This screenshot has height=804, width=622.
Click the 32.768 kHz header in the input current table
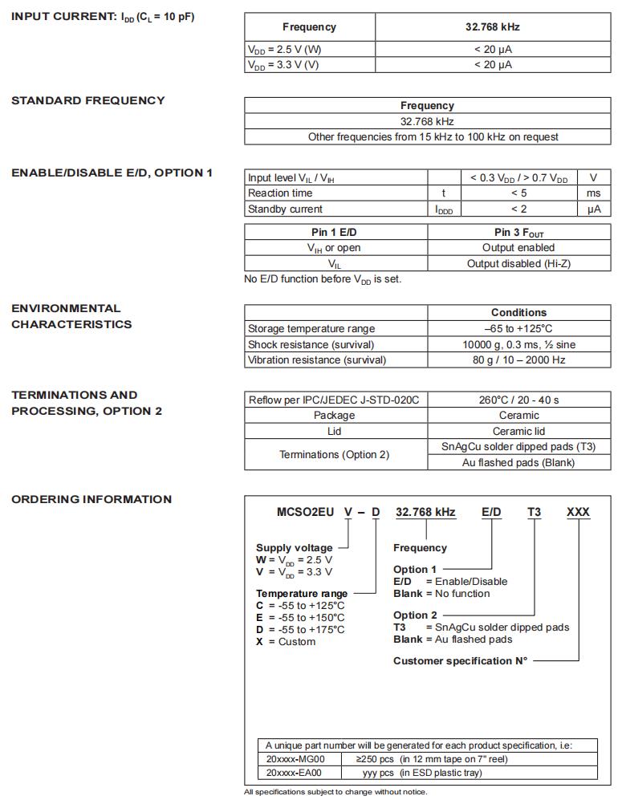(x=493, y=26)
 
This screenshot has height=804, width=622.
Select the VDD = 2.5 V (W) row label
(x=285, y=49)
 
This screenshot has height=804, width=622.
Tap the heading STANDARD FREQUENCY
(x=88, y=100)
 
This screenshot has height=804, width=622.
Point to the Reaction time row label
(x=280, y=193)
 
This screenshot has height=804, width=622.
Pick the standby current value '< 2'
(x=518, y=209)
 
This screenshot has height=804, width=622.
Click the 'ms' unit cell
(x=593, y=193)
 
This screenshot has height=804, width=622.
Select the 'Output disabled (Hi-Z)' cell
(x=518, y=263)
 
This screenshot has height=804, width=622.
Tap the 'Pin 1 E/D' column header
(x=335, y=232)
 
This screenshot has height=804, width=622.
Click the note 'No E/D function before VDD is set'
(x=323, y=279)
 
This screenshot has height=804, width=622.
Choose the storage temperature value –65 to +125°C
(x=518, y=328)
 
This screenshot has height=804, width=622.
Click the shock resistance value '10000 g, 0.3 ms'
(x=518, y=344)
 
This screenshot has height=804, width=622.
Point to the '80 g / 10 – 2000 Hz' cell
(x=518, y=359)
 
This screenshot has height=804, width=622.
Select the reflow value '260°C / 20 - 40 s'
(x=518, y=399)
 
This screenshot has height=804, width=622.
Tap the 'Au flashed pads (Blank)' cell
(x=518, y=462)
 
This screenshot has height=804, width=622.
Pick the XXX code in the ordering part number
(x=578, y=512)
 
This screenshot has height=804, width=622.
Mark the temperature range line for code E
(x=300, y=617)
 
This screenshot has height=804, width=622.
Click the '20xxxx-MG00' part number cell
(x=295, y=758)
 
